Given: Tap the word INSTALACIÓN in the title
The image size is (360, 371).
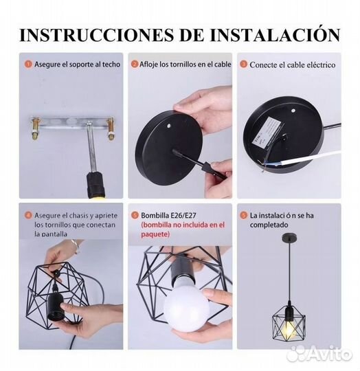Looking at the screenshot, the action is [x=275, y=34].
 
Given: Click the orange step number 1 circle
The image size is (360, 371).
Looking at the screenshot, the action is [x=28, y=64].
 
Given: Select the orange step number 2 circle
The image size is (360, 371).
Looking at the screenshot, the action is [x=135, y=64].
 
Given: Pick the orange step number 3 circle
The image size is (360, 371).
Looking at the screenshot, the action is [x=244, y=65].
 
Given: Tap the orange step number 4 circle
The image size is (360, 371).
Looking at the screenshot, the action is [x=28, y=215].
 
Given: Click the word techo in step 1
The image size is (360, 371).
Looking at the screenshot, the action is [x=111, y=65].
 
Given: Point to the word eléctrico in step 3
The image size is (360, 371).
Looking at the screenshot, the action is [x=321, y=65].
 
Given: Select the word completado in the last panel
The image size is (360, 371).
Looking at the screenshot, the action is [x=269, y=225].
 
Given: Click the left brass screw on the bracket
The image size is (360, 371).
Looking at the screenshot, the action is [x=35, y=129].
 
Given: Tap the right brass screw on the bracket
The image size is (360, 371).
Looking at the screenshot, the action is [x=111, y=129].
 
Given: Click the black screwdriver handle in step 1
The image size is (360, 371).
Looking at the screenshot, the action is [x=95, y=185].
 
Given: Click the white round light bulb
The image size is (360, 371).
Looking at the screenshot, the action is [x=186, y=307].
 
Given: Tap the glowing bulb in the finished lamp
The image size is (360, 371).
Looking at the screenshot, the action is [x=289, y=327].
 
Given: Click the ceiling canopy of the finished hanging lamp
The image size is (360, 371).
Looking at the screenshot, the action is [x=289, y=237].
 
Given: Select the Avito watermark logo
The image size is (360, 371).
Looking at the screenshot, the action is [x=319, y=354].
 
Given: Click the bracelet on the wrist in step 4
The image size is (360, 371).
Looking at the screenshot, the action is [x=75, y=246].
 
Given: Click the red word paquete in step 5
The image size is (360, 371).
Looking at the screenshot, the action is [x=155, y=234].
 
